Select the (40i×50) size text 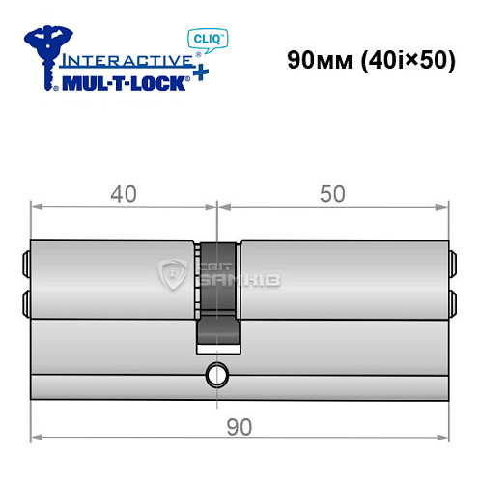[x=409, y=60]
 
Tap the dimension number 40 [x=123, y=194]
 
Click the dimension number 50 [x=333, y=194]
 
